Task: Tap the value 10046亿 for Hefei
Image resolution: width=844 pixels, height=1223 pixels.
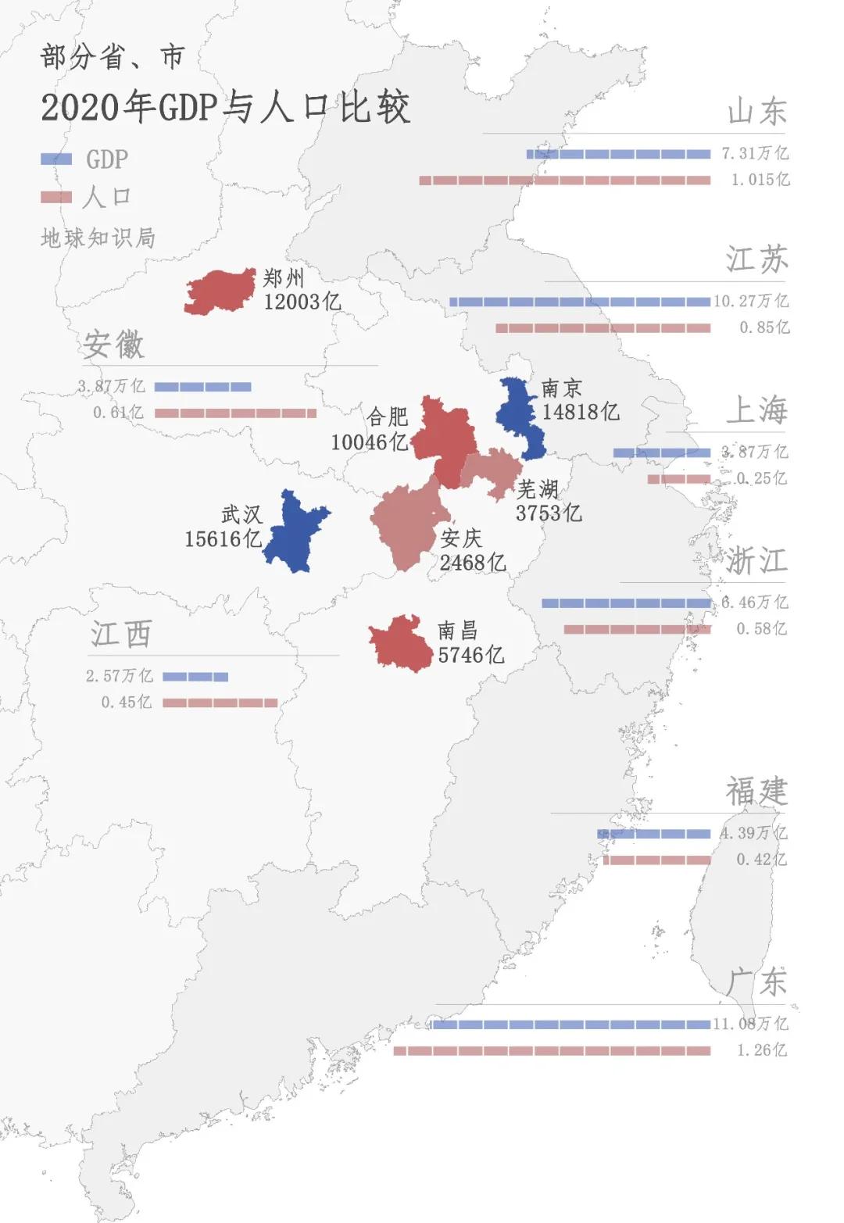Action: [x=369, y=442]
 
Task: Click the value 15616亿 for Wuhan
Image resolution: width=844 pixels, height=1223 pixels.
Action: [x=223, y=539]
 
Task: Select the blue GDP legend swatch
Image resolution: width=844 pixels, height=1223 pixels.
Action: [x=55, y=159]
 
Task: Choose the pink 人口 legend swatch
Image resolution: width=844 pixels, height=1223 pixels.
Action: [x=55, y=198]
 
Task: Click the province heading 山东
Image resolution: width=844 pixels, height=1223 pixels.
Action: [x=756, y=112]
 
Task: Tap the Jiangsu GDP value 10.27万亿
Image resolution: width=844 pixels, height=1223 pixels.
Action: [x=751, y=301]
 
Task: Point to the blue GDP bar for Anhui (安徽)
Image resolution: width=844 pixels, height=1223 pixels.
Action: [x=203, y=387]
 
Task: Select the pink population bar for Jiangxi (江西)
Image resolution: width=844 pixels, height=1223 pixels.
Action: [x=220, y=703]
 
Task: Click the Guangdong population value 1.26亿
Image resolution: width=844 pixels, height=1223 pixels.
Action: [x=762, y=1050]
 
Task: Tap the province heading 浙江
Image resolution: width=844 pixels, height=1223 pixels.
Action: [x=756, y=561]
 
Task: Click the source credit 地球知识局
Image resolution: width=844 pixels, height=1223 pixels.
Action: [x=98, y=238]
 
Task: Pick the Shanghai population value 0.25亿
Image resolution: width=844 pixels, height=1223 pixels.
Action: [x=762, y=478]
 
